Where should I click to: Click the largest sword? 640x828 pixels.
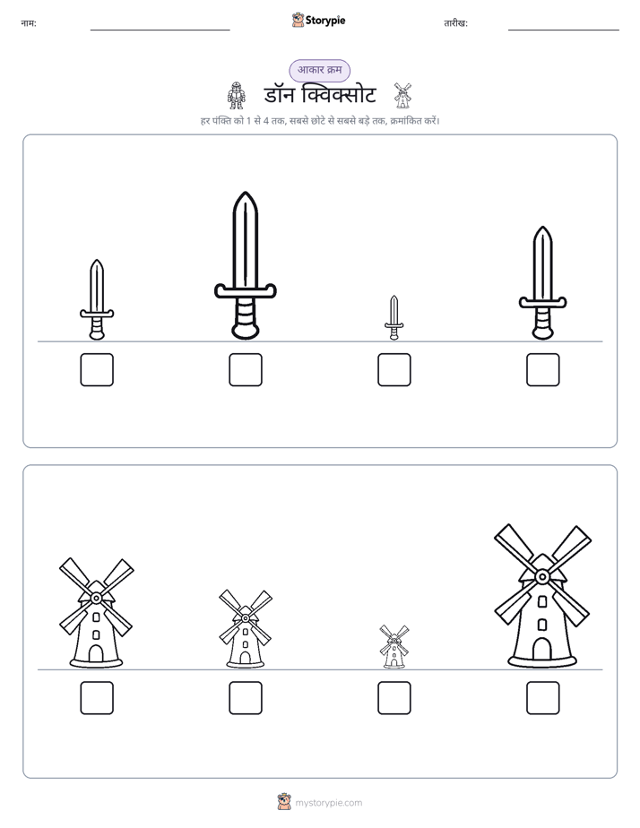coord(246,265)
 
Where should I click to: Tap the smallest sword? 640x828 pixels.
coord(394,317)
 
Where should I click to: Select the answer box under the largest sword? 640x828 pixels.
coord(246,369)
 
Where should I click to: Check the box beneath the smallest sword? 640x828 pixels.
coord(394,369)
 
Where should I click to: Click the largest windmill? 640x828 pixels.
coord(542,596)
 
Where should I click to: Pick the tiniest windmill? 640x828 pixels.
coord(394,647)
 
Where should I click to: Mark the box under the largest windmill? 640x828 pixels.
coord(543,698)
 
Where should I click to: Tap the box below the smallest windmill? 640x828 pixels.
coord(394,698)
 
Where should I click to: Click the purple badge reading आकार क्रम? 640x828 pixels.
coord(319,70)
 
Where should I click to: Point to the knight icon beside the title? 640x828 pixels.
coord(236,96)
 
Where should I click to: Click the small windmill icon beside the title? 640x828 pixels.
coord(402,96)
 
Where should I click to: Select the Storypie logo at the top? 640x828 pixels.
coord(318,20)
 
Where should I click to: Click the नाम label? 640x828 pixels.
coord(29,23)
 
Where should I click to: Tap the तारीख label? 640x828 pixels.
coord(455,23)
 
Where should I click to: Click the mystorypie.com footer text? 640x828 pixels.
coord(328,803)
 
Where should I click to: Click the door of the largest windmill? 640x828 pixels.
coord(541,649)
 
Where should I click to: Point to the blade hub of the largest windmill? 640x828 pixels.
coord(541,577)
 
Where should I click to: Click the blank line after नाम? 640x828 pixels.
coord(160,30)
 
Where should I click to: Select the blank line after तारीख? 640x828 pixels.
coord(564,30)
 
